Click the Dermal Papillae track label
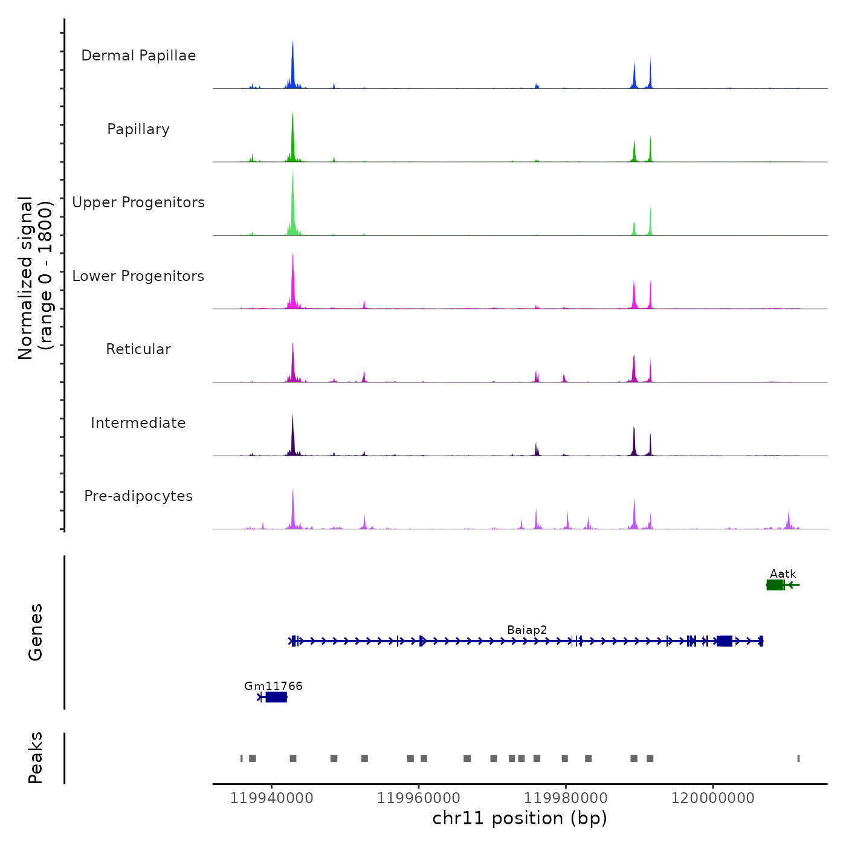pos(138,56)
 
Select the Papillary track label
pos(138,129)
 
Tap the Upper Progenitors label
pos(138,202)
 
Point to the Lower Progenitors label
pos(138,276)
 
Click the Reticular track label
pos(138,349)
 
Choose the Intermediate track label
pos(138,423)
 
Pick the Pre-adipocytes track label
pos(138,496)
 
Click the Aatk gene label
pos(783,574)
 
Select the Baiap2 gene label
pos(527,630)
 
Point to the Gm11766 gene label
pos(273,686)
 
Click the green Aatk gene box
pos(775,585)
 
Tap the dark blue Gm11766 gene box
pos(276,697)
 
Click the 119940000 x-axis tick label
pos(271,798)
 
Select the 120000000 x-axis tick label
pos(712,798)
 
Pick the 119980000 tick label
pos(566,798)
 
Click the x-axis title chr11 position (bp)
pos(520,818)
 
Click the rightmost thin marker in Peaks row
pos(798,758)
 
